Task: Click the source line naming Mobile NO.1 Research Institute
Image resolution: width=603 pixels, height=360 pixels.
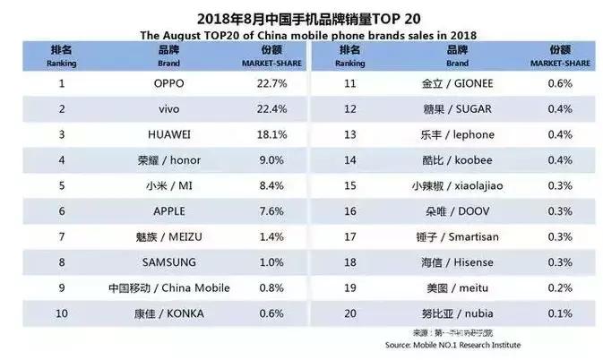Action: pos(452,346)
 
